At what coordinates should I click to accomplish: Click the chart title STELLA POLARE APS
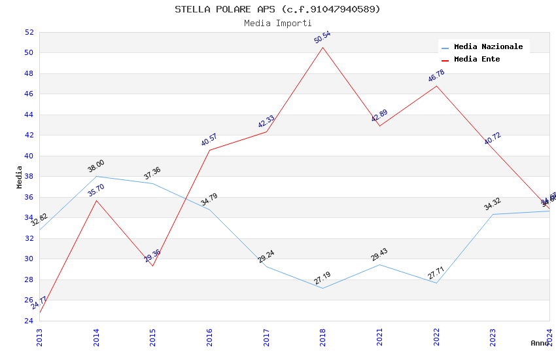pyautogui.click(x=277, y=9)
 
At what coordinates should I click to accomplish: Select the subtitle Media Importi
pyautogui.click(x=277, y=23)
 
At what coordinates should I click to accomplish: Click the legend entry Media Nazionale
pyautogui.click(x=488, y=47)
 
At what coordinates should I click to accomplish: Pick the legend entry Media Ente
pyautogui.click(x=477, y=60)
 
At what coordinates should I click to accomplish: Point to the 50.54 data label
pyautogui.click(x=322, y=37)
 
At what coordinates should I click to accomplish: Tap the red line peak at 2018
pyautogui.click(x=322, y=47)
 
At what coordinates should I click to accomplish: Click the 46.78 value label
pyautogui.click(x=436, y=77)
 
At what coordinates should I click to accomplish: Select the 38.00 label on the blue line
pyautogui.click(x=96, y=166)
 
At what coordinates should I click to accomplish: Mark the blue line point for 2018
pyautogui.click(x=322, y=288)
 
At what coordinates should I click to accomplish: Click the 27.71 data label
pyautogui.click(x=436, y=273)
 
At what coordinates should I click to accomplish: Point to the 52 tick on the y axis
pyautogui.click(x=29, y=32)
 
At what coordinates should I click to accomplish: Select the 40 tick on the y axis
pyautogui.click(x=29, y=156)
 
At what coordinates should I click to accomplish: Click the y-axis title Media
pyautogui.click(x=20, y=177)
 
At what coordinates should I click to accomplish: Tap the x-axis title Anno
pyautogui.click(x=540, y=343)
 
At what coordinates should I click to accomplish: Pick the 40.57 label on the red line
pyautogui.click(x=209, y=140)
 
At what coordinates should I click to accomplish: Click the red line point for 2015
pyautogui.click(x=152, y=266)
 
